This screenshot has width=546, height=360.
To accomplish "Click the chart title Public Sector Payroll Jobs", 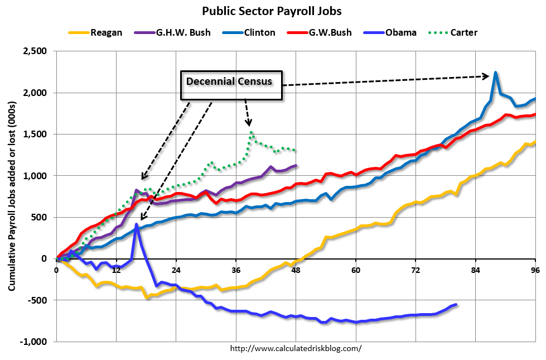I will [x=273, y=11].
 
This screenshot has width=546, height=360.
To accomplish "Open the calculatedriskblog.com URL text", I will [x=296, y=348].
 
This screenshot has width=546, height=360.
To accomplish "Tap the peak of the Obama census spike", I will [x=137, y=224].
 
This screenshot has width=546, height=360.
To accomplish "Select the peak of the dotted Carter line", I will [x=252, y=132].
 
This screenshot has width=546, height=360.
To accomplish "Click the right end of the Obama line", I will [x=456, y=305].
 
